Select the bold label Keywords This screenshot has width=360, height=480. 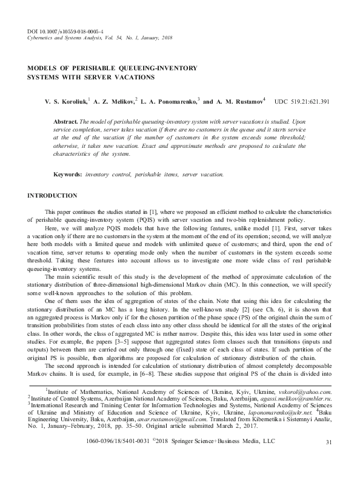[x=68, y=174]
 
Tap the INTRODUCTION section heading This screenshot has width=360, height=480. [x=53, y=195]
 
